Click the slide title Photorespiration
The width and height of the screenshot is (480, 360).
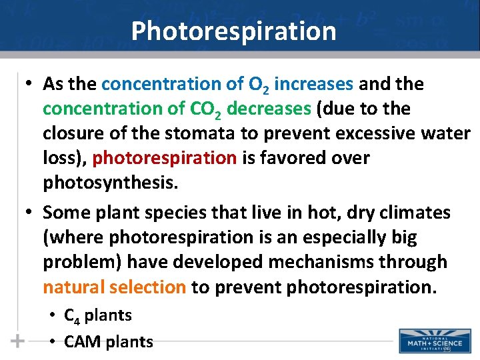(x=233, y=31)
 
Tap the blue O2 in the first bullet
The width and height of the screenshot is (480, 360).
(x=258, y=85)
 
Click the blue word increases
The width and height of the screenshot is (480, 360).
(x=313, y=85)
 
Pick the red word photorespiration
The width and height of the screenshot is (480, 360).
(x=165, y=158)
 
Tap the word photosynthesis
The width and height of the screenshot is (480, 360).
(x=111, y=183)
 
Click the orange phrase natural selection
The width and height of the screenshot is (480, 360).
(x=114, y=287)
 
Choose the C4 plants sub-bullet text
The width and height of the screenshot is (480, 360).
(x=98, y=315)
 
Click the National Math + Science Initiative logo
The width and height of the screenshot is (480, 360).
(x=433, y=340)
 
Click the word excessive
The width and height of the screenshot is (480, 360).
(x=351, y=133)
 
